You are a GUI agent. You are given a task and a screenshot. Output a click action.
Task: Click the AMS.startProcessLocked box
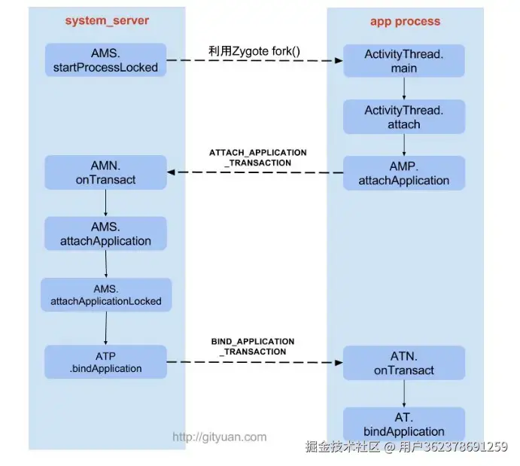(x=105, y=60)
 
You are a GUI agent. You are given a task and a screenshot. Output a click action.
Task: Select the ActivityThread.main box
(x=403, y=61)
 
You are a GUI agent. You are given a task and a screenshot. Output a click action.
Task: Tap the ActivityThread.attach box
(x=403, y=117)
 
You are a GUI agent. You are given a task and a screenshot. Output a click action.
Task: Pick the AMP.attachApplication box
(x=403, y=173)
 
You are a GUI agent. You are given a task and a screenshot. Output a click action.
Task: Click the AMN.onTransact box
(x=105, y=172)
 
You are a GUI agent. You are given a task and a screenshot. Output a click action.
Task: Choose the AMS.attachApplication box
(x=105, y=233)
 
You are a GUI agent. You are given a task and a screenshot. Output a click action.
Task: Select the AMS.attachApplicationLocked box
(x=106, y=294)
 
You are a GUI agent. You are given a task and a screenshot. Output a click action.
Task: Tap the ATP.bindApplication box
(x=105, y=362)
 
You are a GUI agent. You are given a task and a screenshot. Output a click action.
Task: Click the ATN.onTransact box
(x=404, y=363)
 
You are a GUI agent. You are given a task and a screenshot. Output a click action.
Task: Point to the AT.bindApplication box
(x=404, y=424)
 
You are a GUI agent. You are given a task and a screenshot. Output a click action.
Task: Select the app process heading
(x=403, y=21)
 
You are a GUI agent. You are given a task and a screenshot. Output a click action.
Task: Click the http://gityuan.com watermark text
(x=220, y=437)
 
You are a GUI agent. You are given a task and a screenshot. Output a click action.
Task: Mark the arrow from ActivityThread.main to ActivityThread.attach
(x=404, y=89)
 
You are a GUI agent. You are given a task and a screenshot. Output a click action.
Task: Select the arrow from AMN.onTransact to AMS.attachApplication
(x=105, y=203)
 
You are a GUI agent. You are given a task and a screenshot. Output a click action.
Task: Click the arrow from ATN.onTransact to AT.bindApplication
(x=404, y=393)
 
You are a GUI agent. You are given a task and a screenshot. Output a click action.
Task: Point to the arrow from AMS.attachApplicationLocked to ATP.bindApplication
(x=106, y=327)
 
